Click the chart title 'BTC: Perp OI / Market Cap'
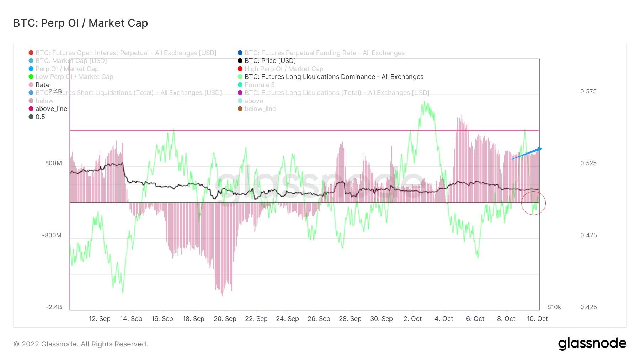coord(80,23)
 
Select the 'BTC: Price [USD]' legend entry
coord(270,61)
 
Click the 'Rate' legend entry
coord(42,85)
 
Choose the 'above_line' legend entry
coord(51,109)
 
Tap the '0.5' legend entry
coord(40,117)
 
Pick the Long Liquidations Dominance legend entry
coord(334,77)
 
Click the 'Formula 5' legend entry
coord(259,85)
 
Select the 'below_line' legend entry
coord(260,109)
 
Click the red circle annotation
coord(533,203)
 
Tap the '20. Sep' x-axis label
coord(225,319)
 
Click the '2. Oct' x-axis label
coord(412,319)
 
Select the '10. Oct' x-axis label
coord(537,319)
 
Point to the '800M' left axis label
coord(53,163)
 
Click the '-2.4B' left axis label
coord(54,307)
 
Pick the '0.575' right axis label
coord(588,91)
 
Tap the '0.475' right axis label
coord(588,235)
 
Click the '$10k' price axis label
coord(554,307)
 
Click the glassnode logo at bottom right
coord(592,344)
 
